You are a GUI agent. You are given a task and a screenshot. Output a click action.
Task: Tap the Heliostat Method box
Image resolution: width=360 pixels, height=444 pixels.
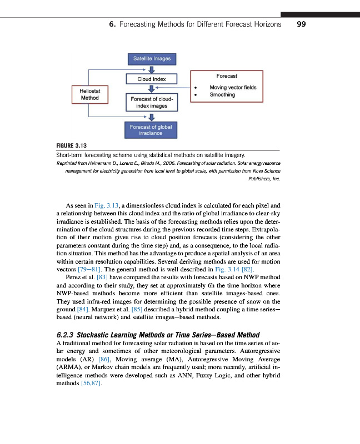(x=89, y=94)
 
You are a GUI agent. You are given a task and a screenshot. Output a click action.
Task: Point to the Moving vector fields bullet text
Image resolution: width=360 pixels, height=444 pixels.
(x=233, y=88)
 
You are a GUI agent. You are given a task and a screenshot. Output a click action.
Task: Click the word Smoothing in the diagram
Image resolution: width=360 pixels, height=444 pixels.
(x=222, y=95)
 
